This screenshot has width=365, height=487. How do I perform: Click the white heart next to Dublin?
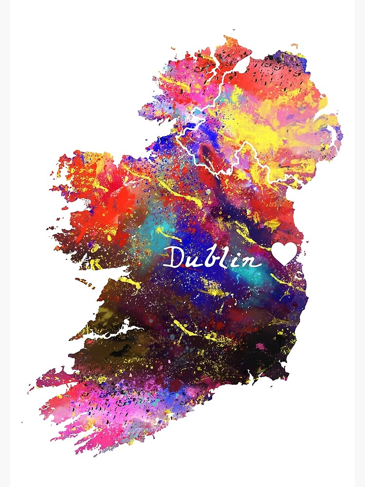(284, 253)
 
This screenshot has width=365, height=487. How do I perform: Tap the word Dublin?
(212, 257)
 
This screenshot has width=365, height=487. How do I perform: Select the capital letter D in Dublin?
(173, 257)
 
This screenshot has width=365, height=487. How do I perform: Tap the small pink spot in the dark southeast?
(260, 346)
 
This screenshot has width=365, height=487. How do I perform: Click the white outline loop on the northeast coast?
(336, 134)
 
